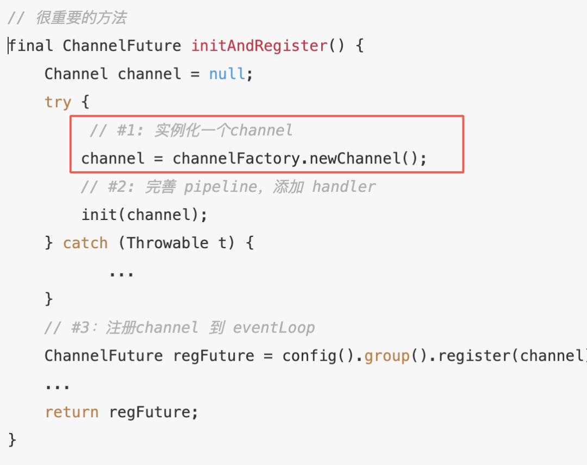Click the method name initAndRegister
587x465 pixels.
pyautogui.click(x=259, y=46)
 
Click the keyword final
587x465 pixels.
pyautogui.click(x=31, y=46)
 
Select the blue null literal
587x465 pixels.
pyautogui.click(x=227, y=74)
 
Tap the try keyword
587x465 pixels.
pyautogui.click(x=58, y=102)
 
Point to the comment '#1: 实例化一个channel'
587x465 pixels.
pyautogui.click(x=191, y=130)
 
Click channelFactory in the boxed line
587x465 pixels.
pyautogui.click(x=236, y=159)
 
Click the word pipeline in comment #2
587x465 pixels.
pyautogui.click(x=218, y=187)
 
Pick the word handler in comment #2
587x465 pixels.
pyautogui.click(x=344, y=187)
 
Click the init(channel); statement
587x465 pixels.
pyautogui.click(x=145, y=215)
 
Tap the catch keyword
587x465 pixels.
pyautogui.click(x=85, y=243)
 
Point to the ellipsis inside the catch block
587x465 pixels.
pyautogui.click(x=121, y=272)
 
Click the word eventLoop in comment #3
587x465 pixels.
pyautogui.click(x=273, y=328)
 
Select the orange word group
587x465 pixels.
pyautogui.click(x=386, y=356)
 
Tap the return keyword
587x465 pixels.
pyautogui.click(x=72, y=412)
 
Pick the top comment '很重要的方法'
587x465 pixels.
pyautogui.click(x=81, y=18)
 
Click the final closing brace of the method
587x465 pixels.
pyautogui.click(x=13, y=439)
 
